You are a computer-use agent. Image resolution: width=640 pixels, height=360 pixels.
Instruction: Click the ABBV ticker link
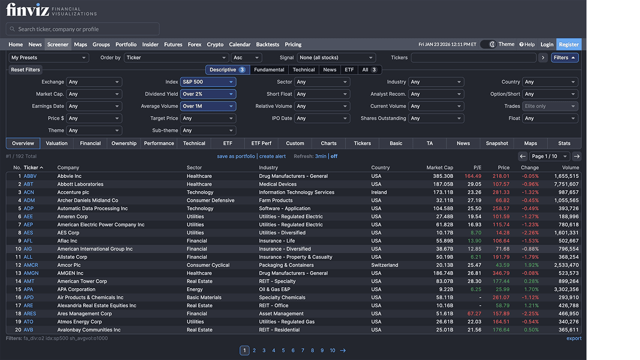tap(30, 176)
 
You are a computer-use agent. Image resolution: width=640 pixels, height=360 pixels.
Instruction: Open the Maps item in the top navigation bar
tap(80, 44)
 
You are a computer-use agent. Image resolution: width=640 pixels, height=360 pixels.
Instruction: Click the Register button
tap(568, 44)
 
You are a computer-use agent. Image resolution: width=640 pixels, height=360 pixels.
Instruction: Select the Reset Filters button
tap(25, 70)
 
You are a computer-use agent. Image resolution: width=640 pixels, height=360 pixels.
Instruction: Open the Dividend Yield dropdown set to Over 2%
tap(208, 94)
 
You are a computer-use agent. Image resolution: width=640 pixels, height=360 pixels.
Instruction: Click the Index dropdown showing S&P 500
tap(208, 82)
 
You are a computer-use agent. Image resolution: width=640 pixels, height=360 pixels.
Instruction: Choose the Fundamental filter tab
tap(269, 70)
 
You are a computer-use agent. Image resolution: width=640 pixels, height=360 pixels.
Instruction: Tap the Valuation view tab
tap(56, 143)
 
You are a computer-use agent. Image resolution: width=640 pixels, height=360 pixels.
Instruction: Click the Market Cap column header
tap(439, 167)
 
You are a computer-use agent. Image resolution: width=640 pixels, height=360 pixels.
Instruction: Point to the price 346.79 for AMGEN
tap(500, 273)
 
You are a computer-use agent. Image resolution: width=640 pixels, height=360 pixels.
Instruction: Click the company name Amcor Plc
tap(69, 265)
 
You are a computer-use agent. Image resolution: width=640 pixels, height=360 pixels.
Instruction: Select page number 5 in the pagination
tap(283, 350)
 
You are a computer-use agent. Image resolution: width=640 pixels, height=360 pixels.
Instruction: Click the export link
tap(573, 338)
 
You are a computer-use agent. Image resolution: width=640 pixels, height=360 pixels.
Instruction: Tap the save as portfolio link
tap(236, 156)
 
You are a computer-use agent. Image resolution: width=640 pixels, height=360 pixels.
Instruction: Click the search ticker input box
tap(82, 29)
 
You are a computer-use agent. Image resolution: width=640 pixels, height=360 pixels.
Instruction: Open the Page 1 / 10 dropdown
tap(549, 156)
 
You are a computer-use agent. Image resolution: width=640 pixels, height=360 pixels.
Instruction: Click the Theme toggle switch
tap(488, 44)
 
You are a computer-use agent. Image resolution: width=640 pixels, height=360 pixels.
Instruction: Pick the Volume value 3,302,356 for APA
tap(566, 289)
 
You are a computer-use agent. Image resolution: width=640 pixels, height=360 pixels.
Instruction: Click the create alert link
tap(272, 156)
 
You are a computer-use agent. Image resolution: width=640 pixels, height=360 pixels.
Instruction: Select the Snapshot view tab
tap(497, 143)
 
